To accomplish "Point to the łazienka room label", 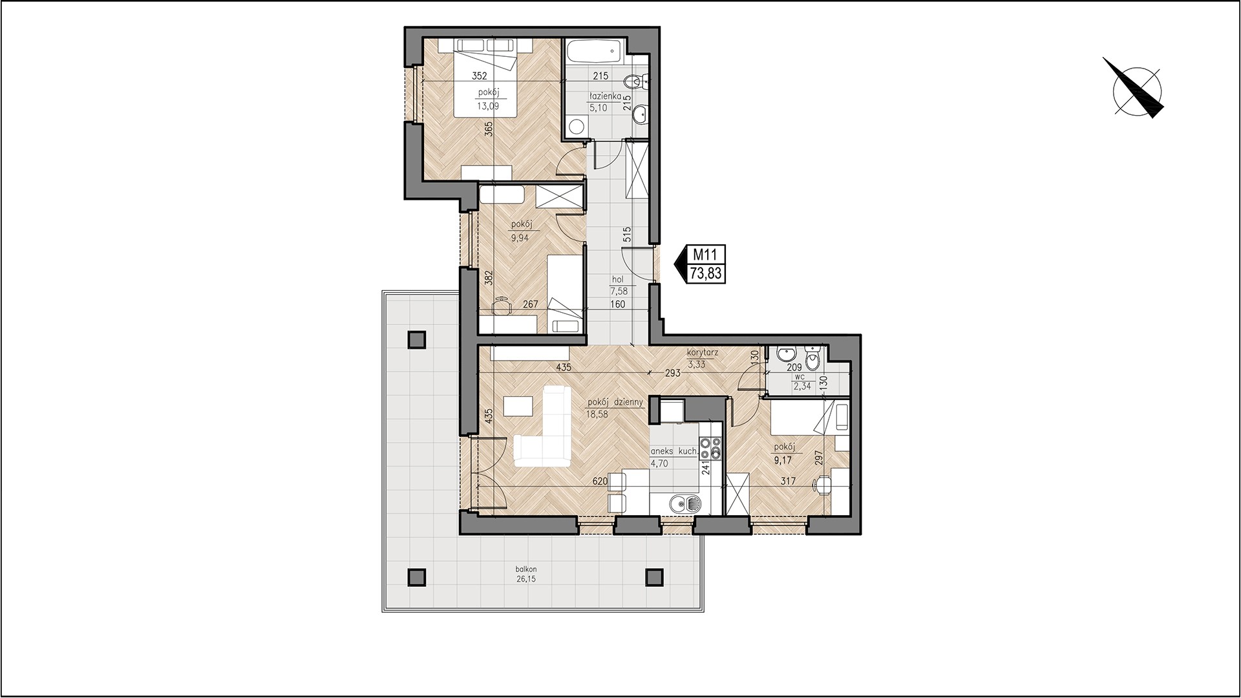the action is tap(604, 96).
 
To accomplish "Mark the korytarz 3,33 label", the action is tap(702, 359).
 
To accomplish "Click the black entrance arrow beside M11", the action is tap(680, 264).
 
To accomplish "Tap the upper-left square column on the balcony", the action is tap(418, 340).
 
